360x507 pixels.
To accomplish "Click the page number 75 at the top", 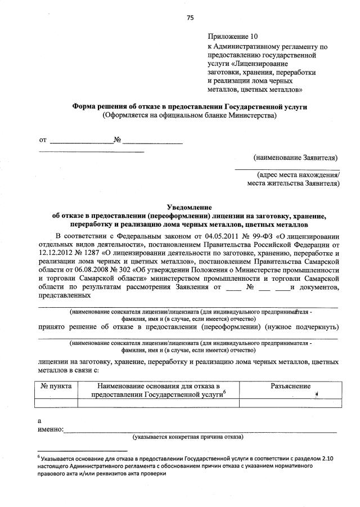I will click(190, 17).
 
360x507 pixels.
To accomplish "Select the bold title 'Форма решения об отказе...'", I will click(190, 106).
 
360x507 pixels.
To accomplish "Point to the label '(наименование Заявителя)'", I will click(295, 157).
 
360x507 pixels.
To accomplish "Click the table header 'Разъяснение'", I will click(290, 387).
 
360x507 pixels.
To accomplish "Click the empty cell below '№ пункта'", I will click(56, 402).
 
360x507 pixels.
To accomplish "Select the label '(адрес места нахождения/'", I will click(298, 174).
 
